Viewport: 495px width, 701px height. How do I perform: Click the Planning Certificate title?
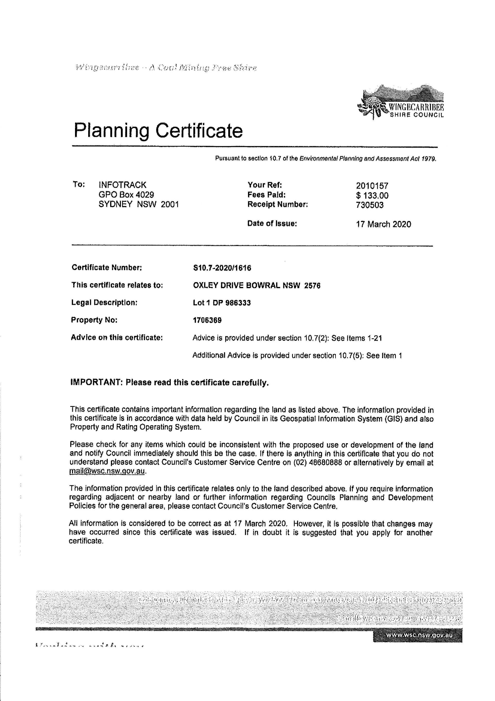point(158,130)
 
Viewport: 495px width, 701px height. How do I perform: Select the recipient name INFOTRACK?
point(122,185)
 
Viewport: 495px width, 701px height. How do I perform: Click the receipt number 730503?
point(370,205)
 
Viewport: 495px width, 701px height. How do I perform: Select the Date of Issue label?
point(272,223)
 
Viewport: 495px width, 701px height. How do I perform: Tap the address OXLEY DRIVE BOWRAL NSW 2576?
point(257,285)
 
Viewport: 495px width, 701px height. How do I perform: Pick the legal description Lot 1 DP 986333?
point(222,303)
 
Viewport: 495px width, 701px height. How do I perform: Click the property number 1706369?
point(207,320)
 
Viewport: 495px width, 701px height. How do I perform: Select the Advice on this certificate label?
point(117,337)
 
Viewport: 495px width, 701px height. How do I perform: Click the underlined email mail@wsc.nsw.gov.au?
point(107,471)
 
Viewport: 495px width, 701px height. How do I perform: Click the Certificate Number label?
point(107,267)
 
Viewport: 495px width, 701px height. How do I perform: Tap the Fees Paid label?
point(266,194)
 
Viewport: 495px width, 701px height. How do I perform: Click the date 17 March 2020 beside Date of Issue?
point(383,224)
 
